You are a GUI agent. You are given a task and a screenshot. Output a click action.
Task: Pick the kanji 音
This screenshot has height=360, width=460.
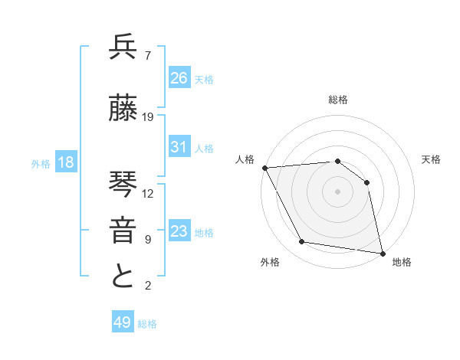[123, 230]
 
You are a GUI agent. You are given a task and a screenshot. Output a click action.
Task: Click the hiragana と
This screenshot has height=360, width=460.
[123, 277]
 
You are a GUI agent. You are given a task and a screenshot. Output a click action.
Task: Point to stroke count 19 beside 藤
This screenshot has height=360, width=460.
[148, 117]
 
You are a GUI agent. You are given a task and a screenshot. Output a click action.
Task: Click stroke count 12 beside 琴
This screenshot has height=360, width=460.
[148, 193]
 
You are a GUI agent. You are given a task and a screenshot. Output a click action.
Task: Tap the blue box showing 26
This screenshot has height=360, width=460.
[179, 77]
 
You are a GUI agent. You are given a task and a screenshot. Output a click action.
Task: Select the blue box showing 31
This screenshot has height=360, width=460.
[179, 147]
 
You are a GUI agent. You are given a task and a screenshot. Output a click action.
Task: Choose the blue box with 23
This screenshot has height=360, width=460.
[179, 231]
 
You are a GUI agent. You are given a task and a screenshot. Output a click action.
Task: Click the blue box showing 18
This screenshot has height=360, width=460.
[65, 162]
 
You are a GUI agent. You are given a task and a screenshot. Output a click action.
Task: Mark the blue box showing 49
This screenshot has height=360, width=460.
[123, 322]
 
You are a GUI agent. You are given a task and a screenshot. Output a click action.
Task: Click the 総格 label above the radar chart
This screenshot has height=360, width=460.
[337, 100]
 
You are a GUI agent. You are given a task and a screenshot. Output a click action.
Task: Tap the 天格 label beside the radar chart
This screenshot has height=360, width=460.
[431, 159]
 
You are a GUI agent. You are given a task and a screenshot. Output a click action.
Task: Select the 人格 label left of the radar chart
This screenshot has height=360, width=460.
[245, 159]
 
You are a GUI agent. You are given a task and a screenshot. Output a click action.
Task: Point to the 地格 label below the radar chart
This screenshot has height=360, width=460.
[402, 262]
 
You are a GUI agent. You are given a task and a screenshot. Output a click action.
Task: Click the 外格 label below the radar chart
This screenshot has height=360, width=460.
[270, 262]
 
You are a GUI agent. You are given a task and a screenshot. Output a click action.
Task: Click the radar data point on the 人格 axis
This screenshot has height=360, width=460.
[265, 168]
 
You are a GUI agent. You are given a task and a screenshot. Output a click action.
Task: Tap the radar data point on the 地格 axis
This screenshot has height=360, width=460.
[382, 252]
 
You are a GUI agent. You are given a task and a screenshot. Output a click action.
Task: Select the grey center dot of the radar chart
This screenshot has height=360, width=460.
[337, 191]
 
